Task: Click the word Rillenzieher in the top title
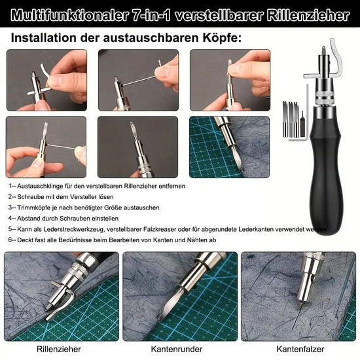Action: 307,15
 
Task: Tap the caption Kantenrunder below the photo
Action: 178,350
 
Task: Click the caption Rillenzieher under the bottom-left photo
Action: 60,350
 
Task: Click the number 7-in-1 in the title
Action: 166,15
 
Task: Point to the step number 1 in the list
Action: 11,186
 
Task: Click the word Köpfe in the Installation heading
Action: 221,38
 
